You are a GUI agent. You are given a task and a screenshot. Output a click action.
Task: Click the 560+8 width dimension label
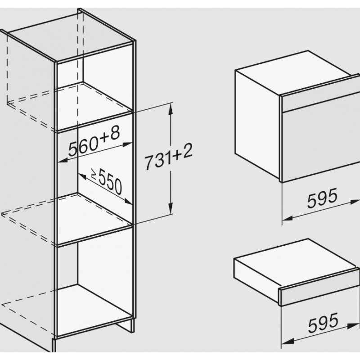pyautogui.click(x=94, y=141)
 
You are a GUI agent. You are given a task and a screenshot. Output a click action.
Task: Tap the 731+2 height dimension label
pyautogui.click(x=168, y=157)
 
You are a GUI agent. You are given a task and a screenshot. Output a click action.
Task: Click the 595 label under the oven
pyautogui.click(x=323, y=198)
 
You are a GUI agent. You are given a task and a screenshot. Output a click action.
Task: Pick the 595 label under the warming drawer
pyautogui.click(x=323, y=323)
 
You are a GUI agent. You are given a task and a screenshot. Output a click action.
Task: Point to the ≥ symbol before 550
pyautogui.click(x=94, y=174)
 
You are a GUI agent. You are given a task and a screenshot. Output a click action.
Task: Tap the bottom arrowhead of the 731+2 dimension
pyautogui.click(x=171, y=209)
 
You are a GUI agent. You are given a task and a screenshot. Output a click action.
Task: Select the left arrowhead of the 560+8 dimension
pyautogui.click(x=62, y=160)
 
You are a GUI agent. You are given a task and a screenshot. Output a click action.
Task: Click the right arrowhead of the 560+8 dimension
pyautogui.click(x=128, y=144)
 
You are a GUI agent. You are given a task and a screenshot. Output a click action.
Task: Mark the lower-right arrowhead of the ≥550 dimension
pyautogui.click(x=128, y=201)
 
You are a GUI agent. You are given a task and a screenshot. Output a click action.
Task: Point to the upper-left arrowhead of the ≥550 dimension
pyautogui.click(x=82, y=176)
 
